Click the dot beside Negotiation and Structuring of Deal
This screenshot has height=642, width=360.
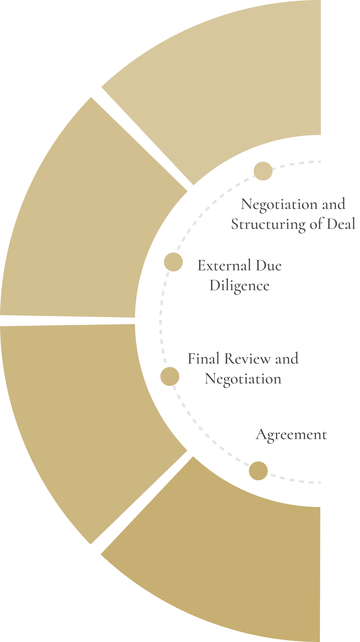click(x=263, y=171)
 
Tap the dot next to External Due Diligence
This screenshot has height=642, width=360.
click(x=173, y=262)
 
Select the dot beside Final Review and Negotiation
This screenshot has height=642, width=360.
click(x=170, y=376)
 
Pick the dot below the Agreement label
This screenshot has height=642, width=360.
click(x=258, y=471)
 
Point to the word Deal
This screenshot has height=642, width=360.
click(x=341, y=224)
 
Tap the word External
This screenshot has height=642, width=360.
click(x=224, y=266)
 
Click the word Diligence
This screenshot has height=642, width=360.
click(x=239, y=286)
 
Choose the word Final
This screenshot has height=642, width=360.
click(x=203, y=359)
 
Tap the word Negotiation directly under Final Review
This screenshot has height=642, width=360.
click(x=243, y=379)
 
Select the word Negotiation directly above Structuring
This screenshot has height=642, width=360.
click(x=279, y=204)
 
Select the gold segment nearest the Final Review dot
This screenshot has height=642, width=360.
click(x=80, y=417)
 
